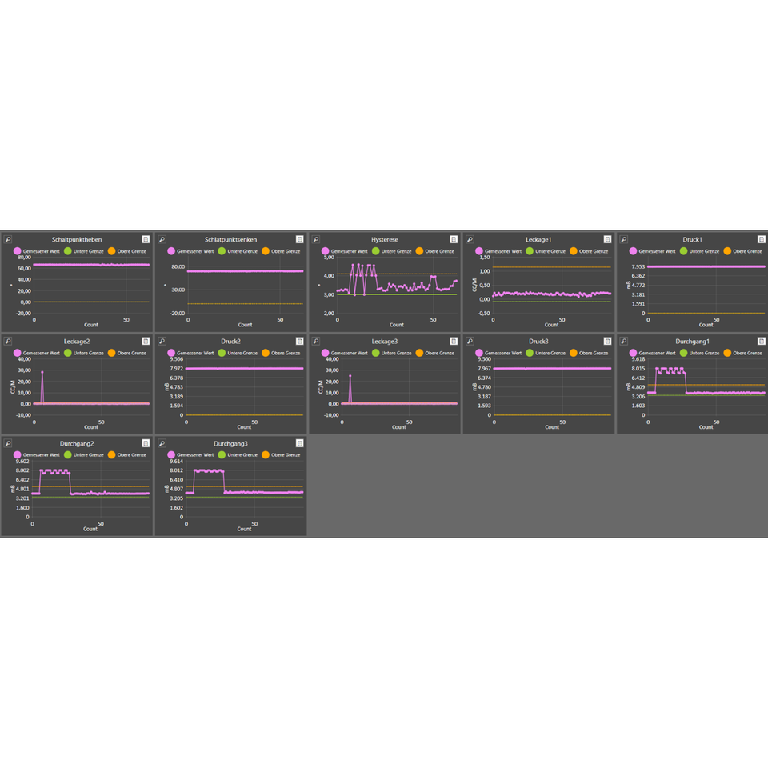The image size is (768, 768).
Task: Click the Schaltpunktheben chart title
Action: click(x=77, y=239)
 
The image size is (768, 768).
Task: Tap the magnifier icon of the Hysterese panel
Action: click(x=316, y=239)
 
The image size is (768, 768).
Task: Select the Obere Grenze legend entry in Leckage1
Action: click(x=589, y=251)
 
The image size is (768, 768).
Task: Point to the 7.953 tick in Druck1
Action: click(x=638, y=266)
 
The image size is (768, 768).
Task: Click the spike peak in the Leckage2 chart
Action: click(x=42, y=372)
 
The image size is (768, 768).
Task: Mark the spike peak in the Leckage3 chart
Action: click(x=350, y=375)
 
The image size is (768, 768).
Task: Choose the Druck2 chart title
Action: click(x=230, y=342)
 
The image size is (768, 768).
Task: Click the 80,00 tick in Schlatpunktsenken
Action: click(x=178, y=266)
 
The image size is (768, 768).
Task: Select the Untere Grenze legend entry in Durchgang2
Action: click(x=83, y=454)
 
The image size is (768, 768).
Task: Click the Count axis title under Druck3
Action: click(x=551, y=426)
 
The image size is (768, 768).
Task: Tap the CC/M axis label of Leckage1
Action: click(x=474, y=284)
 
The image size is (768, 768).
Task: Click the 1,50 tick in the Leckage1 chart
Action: click(x=484, y=258)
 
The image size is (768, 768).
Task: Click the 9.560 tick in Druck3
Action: click(x=484, y=359)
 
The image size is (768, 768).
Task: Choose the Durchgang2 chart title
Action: click(x=77, y=443)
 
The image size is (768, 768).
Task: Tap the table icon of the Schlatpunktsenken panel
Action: click(x=299, y=239)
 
